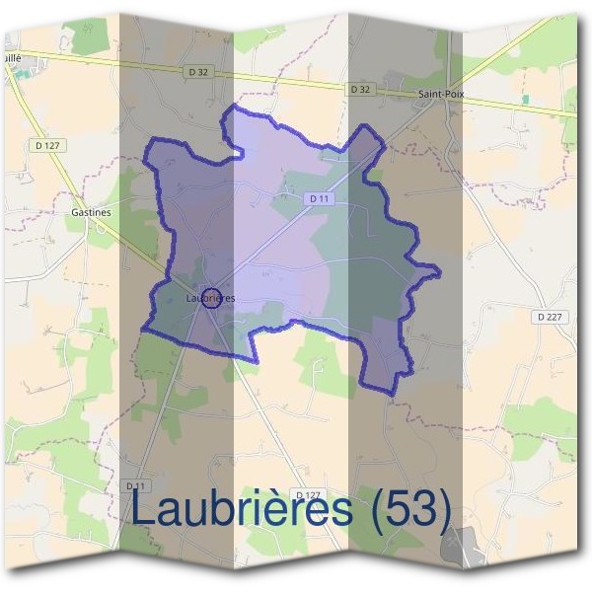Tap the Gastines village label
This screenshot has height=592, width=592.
pyautogui.click(x=91, y=211)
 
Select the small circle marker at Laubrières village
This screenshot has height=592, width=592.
pyautogui.click(x=210, y=298)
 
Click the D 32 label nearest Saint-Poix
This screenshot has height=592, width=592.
pyautogui.click(x=360, y=90)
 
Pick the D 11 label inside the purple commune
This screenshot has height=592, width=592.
pyautogui.click(x=317, y=198)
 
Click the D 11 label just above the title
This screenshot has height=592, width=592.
pyautogui.click(x=136, y=486)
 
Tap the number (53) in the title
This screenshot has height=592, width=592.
pyautogui.click(x=407, y=511)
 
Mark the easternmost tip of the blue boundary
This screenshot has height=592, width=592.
pyautogui.click(x=439, y=268)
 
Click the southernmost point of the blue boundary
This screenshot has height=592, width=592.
pyautogui.click(x=394, y=395)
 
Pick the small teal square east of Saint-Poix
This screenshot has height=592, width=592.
pyautogui.click(x=524, y=100)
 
